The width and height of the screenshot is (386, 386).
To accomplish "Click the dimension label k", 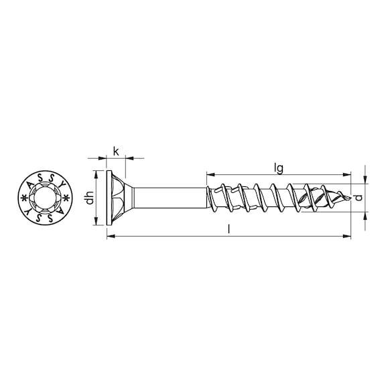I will (115, 151).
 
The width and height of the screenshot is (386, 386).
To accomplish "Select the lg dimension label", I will (277, 165).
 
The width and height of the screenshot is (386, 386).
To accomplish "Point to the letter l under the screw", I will (229, 229).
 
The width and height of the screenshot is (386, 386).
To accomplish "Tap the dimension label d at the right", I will (360, 198).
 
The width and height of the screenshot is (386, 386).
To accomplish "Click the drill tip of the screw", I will (347, 198).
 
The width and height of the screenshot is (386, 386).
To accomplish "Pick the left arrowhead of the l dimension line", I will (109, 236).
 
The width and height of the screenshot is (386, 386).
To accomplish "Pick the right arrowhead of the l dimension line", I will (348, 236).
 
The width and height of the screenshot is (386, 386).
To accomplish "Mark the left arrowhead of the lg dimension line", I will (209, 173).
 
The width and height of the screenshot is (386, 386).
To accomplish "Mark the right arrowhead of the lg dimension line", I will (348, 173).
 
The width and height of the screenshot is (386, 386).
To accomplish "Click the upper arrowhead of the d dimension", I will (365, 180).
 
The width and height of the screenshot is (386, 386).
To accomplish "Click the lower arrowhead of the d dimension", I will (365, 216).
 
